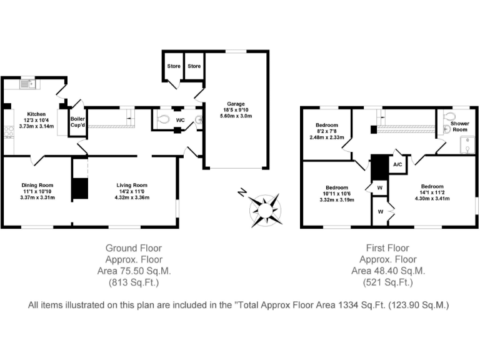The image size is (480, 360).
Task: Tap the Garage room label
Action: pos(236,103)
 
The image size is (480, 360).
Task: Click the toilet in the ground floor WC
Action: pos(164,119)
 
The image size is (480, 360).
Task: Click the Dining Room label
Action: pos(37,185)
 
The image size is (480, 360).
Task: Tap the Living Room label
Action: pos(131,185)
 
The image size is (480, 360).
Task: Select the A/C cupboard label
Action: pos(397,164)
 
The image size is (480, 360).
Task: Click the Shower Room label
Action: pos(460,127)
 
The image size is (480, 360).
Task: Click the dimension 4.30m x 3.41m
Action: pos(432,199)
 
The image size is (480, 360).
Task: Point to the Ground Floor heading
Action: pos(134,248)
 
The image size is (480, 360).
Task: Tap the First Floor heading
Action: pos(387,248)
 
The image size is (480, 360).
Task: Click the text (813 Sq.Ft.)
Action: pos(134,282)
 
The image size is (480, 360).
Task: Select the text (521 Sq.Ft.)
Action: pos(387,282)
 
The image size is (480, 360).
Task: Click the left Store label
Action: pos(173,66)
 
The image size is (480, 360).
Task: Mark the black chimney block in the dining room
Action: pos(79,189)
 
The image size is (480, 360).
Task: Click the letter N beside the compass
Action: pos(242,192)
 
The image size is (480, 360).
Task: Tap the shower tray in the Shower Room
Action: pos(467,145)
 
